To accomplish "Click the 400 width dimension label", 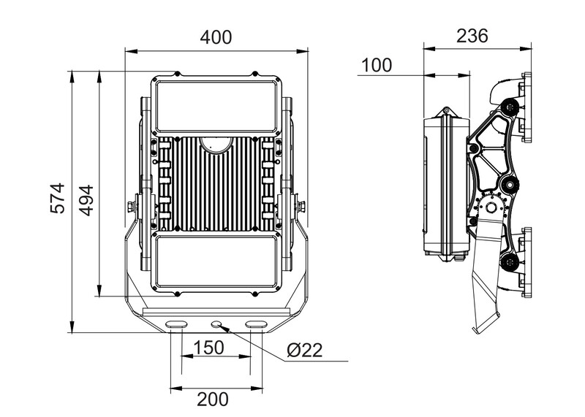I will point(216,37).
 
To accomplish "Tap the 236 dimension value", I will point(472,36).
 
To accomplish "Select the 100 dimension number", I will point(377,65).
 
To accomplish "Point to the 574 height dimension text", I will point(58,198).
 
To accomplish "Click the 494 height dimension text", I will point(86,198).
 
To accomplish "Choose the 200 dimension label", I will point(213,399).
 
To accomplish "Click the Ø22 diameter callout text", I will point(305,351).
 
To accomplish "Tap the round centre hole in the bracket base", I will point(216,324).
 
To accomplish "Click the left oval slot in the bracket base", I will point(176,324).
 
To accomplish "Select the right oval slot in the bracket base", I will point(256,324).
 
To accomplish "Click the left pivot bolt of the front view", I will point(132,207).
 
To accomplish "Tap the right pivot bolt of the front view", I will point(301,207).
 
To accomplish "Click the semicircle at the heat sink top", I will point(216,144).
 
